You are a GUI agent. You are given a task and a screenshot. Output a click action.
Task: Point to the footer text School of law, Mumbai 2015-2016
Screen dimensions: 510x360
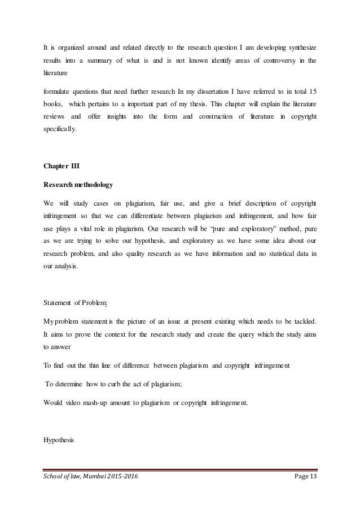(x=90, y=478)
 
